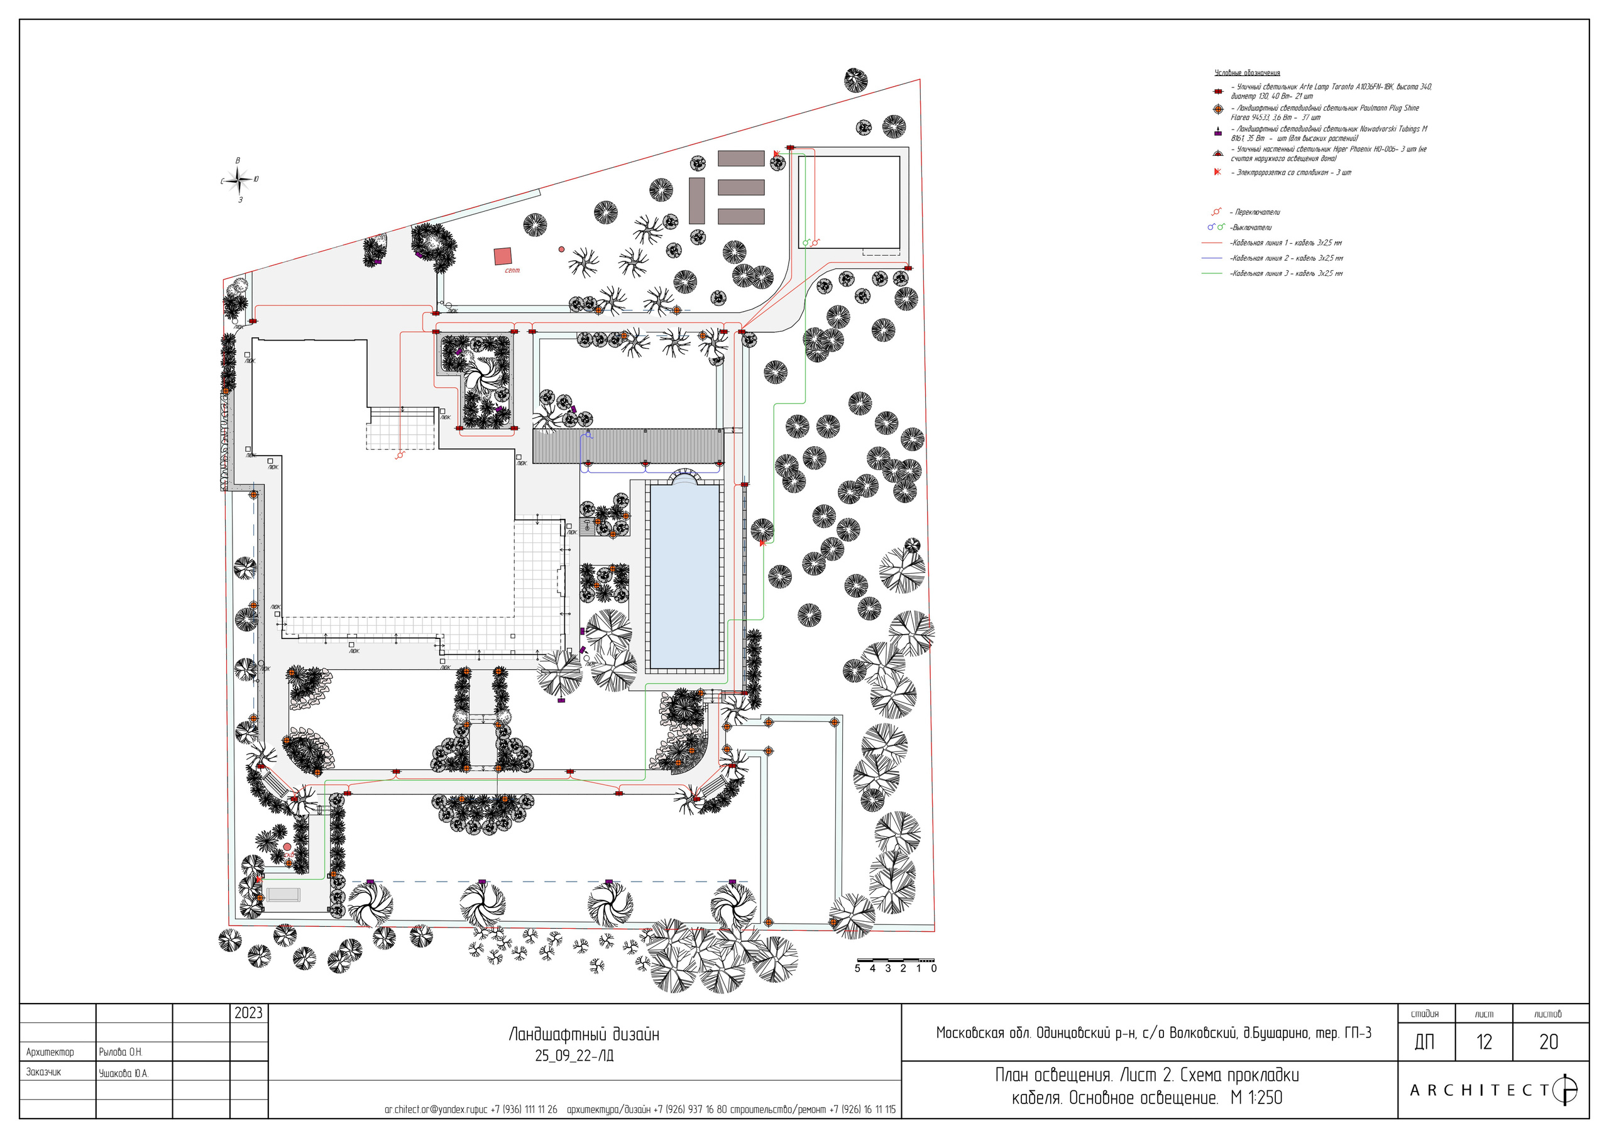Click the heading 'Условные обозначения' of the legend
(x=1247, y=73)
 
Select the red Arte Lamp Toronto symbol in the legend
(x=1218, y=92)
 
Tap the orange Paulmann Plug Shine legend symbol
(x=1218, y=109)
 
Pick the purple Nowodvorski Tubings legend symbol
(x=1218, y=132)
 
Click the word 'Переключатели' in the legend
(x=1257, y=212)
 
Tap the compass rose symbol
(x=239, y=181)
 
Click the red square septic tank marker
(x=502, y=256)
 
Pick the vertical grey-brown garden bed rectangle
(x=696, y=200)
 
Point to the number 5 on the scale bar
(x=857, y=968)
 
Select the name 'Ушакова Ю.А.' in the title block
(x=123, y=1073)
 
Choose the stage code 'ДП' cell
(x=1425, y=1042)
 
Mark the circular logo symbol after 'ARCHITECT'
(x=1566, y=1090)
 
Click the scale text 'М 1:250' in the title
(x=1256, y=1097)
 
